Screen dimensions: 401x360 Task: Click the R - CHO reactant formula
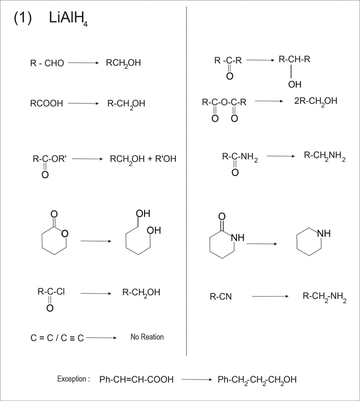[x=47, y=63]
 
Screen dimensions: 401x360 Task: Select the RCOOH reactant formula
[x=46, y=103]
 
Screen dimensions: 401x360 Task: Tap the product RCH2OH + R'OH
[x=143, y=159]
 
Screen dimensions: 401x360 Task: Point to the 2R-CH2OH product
[x=316, y=101]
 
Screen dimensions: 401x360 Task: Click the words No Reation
[x=147, y=337]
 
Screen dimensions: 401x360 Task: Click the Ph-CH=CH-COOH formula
[x=136, y=380]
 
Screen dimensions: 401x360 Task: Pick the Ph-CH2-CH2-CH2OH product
[x=257, y=380]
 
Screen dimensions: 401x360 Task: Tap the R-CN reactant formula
[x=221, y=297]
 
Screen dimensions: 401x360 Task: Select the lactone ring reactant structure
[x=54, y=235]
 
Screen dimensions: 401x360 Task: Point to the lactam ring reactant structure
[x=224, y=238]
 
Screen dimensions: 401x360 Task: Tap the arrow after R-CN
[x=270, y=297]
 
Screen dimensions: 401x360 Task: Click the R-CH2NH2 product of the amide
[x=325, y=156]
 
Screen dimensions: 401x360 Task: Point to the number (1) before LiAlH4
[x=23, y=18]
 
